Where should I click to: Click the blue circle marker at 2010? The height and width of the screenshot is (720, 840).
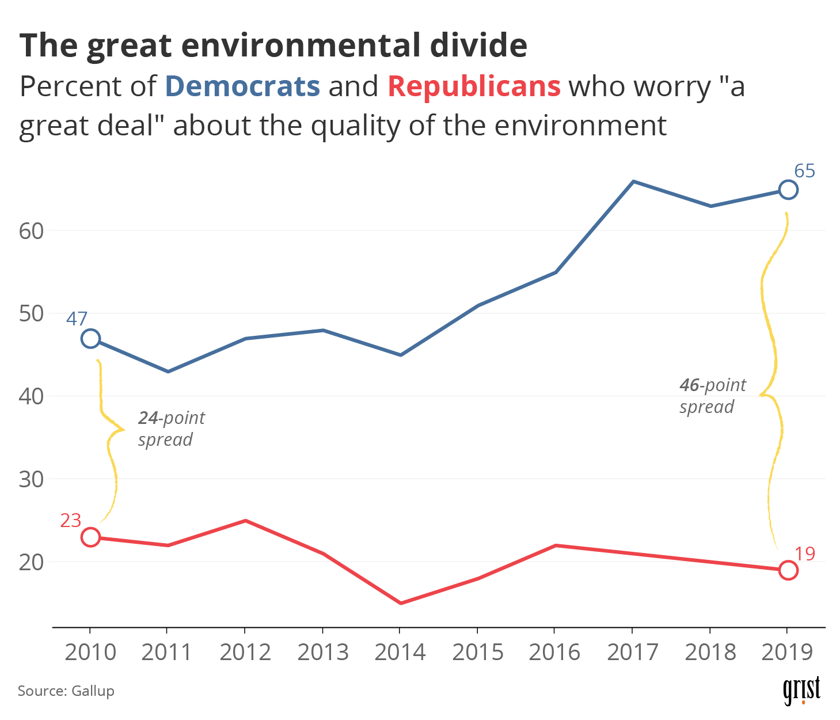point(90,339)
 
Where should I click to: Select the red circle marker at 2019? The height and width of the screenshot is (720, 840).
point(788,570)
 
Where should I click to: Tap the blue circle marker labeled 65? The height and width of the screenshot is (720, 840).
point(788,190)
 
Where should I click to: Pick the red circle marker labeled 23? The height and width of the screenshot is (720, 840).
point(90,537)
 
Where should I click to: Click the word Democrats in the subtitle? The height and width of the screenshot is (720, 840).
point(242,86)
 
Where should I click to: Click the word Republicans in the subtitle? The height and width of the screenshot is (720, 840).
point(474,86)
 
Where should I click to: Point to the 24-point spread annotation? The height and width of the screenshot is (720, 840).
point(171,429)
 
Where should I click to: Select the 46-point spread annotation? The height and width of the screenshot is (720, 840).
point(712,396)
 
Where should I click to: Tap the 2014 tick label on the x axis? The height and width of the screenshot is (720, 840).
point(400,653)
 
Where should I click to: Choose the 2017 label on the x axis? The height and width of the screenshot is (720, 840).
point(633,653)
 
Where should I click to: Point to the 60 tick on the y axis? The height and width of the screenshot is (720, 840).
point(31,231)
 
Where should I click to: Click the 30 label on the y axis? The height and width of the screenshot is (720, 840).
point(31,479)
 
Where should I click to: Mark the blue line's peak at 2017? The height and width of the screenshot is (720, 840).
point(633,181)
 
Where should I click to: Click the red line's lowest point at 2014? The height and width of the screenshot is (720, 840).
point(401,603)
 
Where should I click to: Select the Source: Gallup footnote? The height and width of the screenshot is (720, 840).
point(66,691)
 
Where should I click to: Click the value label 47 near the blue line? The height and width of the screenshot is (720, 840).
point(77,319)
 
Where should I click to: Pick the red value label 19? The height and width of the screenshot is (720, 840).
point(805,554)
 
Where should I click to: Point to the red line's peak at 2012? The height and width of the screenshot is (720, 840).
point(246,521)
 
